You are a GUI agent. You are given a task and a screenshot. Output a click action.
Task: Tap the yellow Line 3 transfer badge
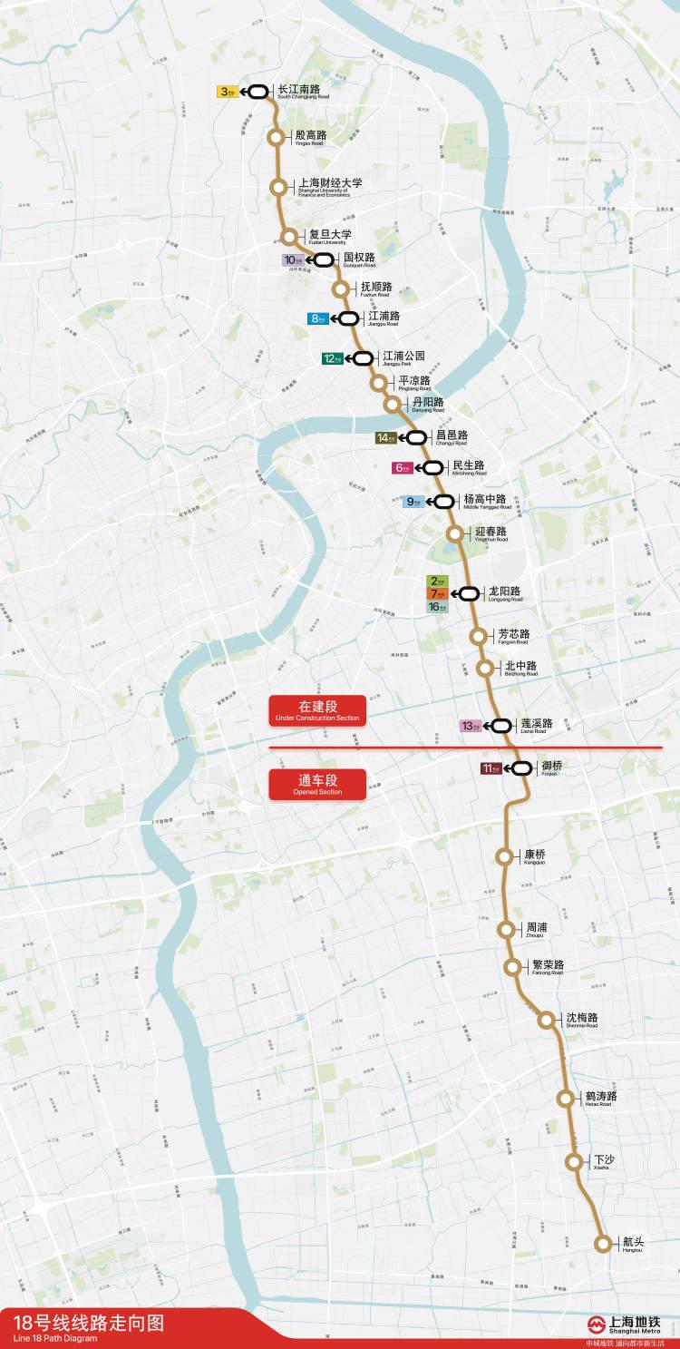pos(228,92)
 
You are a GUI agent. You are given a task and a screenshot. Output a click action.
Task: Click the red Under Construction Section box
pos(317,710)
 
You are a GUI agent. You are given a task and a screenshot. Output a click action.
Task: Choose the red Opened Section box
pos(317,785)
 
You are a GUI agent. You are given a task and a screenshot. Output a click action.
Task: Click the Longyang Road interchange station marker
pos(469,593)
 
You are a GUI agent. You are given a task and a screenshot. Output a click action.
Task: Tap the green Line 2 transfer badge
pos(437,581)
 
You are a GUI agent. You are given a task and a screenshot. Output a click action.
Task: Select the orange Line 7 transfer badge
pos(437,593)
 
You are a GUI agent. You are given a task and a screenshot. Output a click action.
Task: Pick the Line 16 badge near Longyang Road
pos(437,606)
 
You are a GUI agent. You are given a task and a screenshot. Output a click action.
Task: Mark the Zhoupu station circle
pos(505,929)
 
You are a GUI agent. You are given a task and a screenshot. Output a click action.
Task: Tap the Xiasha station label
pos(604,1162)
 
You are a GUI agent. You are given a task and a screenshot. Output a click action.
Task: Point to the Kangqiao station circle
pos(503,856)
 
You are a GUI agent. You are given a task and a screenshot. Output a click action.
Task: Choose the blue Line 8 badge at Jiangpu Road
pos(318,318)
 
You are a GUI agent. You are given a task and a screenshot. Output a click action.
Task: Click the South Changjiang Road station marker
pos(257,92)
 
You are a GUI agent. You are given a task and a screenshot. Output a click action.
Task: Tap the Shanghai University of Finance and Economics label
pos(329,186)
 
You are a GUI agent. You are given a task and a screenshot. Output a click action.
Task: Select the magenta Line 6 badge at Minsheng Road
pos(402,468)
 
